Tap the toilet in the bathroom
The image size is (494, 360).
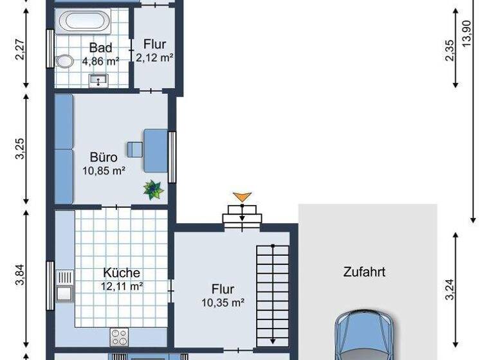[x=64, y=62]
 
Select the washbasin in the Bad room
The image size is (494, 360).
[x=98, y=80]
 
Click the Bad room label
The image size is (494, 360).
[x=101, y=48]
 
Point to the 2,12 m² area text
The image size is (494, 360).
[x=155, y=57]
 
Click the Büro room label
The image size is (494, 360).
[x=103, y=157]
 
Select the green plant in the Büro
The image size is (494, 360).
[x=154, y=189]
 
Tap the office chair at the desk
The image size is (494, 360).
[x=135, y=149]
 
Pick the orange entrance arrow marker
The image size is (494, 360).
[x=241, y=197]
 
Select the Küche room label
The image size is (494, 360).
[x=122, y=273]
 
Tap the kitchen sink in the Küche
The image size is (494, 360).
[x=64, y=287]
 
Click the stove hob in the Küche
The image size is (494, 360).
[x=120, y=337]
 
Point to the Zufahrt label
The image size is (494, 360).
[x=364, y=272]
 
